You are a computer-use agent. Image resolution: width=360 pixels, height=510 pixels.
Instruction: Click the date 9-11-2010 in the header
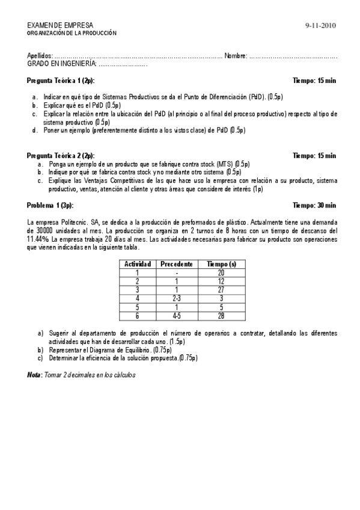(x=320, y=25)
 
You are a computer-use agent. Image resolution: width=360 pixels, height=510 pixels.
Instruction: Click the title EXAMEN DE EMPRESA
(x=60, y=25)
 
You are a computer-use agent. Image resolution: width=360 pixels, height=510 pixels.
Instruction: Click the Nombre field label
(x=235, y=56)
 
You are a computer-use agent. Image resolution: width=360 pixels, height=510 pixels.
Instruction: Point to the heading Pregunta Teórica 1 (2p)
(x=61, y=80)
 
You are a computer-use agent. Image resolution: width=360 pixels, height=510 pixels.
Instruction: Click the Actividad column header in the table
(x=137, y=263)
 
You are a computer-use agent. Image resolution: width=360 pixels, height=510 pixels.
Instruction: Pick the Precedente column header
(x=176, y=263)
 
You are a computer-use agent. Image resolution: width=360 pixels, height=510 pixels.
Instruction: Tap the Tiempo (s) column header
(x=221, y=263)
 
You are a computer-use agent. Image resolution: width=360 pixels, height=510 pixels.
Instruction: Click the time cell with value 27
(x=221, y=289)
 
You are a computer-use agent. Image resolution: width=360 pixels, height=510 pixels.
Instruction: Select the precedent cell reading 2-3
(x=176, y=298)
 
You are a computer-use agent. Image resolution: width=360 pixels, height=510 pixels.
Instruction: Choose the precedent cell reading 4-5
(x=176, y=315)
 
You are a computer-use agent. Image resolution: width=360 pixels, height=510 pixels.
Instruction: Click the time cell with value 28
(x=221, y=315)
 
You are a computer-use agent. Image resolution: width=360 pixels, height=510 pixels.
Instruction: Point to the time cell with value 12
(x=221, y=281)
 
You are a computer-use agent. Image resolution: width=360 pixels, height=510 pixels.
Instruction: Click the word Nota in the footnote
(x=34, y=375)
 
